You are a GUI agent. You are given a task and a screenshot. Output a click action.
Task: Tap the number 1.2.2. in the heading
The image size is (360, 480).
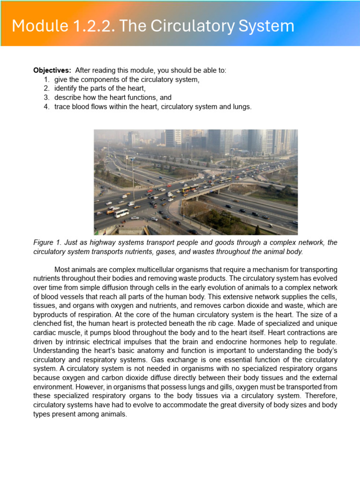point(93,26)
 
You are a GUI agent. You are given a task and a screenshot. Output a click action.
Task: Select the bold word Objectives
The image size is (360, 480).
point(52,70)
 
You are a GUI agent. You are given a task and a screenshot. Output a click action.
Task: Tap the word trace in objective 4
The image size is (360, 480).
point(62,107)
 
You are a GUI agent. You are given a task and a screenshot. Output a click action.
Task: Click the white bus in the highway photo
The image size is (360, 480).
point(121,213)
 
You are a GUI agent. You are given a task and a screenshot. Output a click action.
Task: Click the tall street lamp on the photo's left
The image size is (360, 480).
point(133,178)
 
